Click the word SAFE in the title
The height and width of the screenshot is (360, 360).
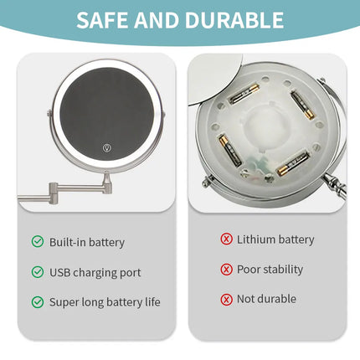click(x=105, y=20)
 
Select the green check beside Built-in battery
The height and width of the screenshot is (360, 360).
click(x=38, y=242)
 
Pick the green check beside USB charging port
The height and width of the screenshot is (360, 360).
click(x=38, y=272)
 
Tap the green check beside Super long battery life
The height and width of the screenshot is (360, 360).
click(x=38, y=301)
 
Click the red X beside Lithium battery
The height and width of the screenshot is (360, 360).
click(x=226, y=239)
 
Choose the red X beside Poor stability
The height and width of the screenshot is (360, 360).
click(x=226, y=270)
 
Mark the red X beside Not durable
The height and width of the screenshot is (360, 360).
click(x=226, y=299)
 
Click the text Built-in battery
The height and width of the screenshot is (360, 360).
click(x=86, y=242)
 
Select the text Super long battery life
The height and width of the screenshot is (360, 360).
click(x=104, y=301)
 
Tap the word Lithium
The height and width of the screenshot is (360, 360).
click(x=255, y=239)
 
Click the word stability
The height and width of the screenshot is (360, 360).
click(x=284, y=270)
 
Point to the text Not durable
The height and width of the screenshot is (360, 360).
click(x=266, y=299)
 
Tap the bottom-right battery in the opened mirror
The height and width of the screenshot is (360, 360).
click(x=292, y=163)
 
